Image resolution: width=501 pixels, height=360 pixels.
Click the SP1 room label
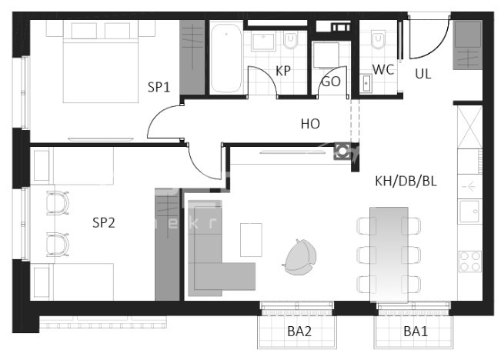(x=159, y=87)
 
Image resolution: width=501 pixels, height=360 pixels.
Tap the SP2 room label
(x=103, y=223)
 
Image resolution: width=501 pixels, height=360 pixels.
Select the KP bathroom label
(x=283, y=71)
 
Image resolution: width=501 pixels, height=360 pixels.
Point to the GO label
(x=331, y=81)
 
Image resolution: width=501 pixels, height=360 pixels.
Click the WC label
(x=383, y=69)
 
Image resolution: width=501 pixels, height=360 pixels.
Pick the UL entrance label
(x=423, y=74)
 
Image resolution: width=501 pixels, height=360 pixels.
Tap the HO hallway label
(x=310, y=123)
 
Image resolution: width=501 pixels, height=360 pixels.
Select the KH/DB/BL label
(x=406, y=182)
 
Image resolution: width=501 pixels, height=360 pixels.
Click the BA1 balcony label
(x=416, y=332)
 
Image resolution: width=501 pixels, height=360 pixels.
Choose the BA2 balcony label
(x=299, y=332)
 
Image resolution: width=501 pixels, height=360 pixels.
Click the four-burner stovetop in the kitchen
(x=469, y=262)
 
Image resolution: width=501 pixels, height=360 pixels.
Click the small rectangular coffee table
(x=251, y=239)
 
